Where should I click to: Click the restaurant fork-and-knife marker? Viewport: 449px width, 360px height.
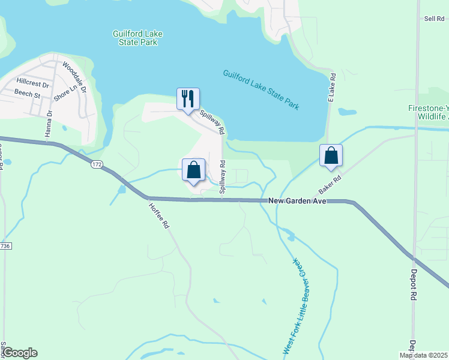click(x=188, y=98)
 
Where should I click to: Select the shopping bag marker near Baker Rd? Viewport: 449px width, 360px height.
click(x=331, y=155)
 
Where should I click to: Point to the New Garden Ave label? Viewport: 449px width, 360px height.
click(x=297, y=202)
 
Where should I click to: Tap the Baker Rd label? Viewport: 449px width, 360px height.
click(x=330, y=184)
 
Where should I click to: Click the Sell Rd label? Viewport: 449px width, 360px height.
click(x=433, y=19)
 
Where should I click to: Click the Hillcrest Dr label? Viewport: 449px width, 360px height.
click(x=32, y=84)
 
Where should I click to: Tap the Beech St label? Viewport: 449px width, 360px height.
click(x=28, y=95)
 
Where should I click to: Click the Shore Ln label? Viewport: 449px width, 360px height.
click(x=65, y=92)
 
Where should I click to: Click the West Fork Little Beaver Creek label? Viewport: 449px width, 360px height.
click(x=295, y=307)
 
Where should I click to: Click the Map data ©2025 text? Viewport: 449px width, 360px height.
click(x=424, y=355)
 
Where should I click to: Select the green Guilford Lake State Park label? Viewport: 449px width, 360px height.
click(x=137, y=38)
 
